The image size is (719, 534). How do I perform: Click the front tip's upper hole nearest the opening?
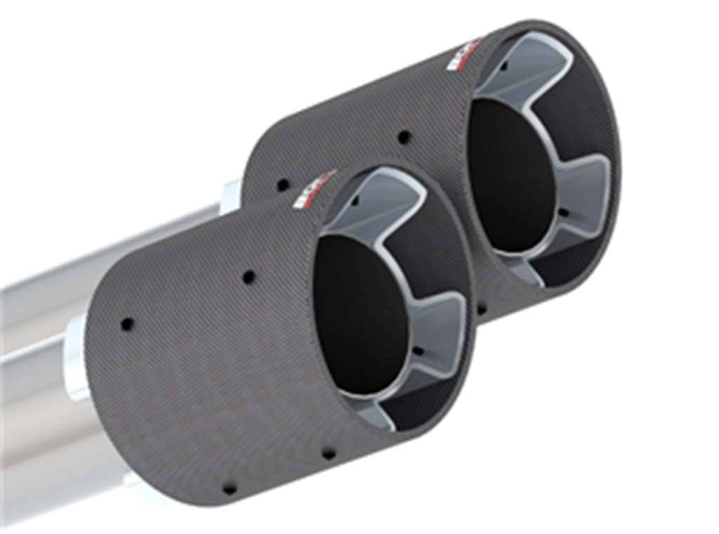point(249,277)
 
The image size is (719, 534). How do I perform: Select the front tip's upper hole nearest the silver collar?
point(127,324)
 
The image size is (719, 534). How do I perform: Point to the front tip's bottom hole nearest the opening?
point(328,453)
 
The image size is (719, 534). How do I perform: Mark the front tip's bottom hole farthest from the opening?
point(228,487)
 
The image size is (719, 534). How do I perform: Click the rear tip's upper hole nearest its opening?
point(404,137)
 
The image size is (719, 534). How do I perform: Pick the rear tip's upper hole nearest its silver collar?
point(283,185)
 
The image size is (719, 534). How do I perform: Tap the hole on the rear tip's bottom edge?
point(482,308)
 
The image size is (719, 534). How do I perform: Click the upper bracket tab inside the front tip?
point(383,204)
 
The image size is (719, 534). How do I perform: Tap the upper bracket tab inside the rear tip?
point(527,67)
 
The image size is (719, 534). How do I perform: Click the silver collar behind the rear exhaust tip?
point(231,197)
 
